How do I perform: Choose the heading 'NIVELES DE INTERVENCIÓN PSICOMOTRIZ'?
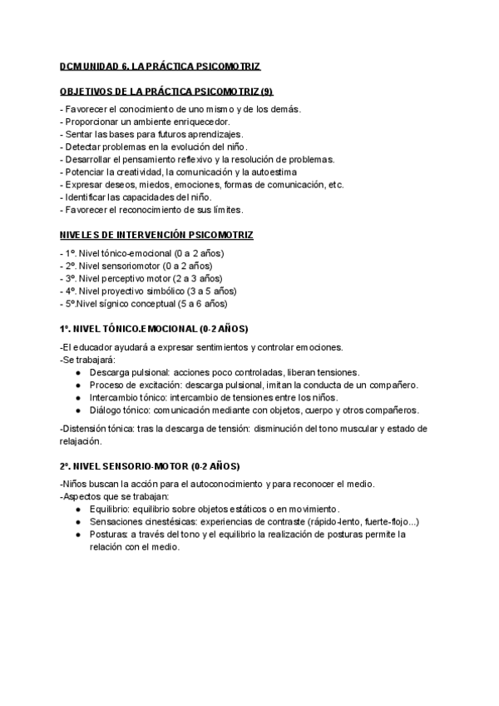click(x=157, y=235)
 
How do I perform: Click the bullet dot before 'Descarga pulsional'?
click(x=77, y=373)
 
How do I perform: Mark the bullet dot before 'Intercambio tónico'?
click(x=77, y=398)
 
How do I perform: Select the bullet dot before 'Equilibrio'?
click(x=77, y=509)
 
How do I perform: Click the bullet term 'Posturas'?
click(x=109, y=534)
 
